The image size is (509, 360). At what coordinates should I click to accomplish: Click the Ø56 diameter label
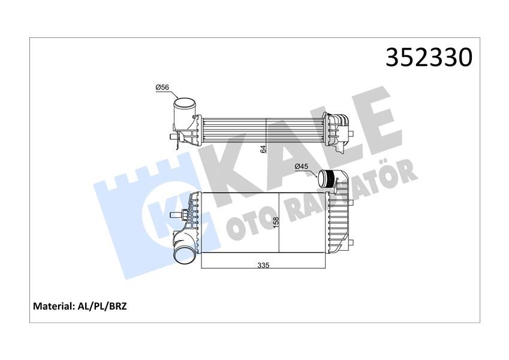(x=162, y=88)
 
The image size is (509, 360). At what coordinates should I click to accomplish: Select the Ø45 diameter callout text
(x=301, y=167)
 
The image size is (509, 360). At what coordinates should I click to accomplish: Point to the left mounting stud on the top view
(x=173, y=139)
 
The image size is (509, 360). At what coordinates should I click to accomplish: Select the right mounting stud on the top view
(x=356, y=133)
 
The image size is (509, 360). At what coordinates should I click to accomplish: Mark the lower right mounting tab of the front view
(x=353, y=242)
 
